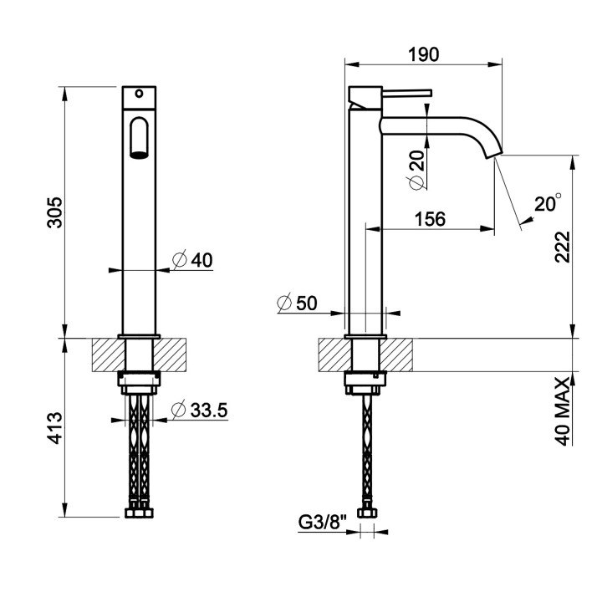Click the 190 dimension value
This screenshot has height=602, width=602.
pos(423,54)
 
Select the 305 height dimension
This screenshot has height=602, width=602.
pos(54,212)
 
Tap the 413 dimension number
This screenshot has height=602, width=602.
pos(54,428)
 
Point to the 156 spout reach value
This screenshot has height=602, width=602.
pos(430,219)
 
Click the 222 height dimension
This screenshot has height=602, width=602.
pos(563,247)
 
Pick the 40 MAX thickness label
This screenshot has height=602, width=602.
pos(563,411)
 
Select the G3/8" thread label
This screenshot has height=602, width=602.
pos(323,522)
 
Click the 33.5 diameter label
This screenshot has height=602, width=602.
pos(200,410)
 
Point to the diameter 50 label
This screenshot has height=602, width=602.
pos(297,303)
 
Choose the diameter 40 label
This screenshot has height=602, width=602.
pos(192,260)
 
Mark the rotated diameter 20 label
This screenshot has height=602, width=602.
pos(418,170)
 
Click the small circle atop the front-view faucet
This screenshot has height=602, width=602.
pos(139,94)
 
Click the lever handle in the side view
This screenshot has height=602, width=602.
pos(407,93)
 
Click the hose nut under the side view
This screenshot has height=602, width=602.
pos(367,513)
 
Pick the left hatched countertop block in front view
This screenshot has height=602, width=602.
pos(109,355)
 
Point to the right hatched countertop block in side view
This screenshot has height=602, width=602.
pos(396,355)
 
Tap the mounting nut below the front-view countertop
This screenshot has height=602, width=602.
pos(139,382)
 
